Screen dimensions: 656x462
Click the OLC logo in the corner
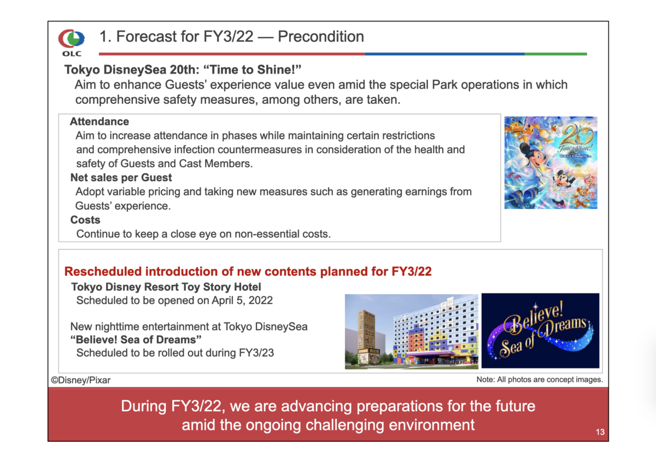72,42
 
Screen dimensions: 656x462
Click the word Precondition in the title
321,37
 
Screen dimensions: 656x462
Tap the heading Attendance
99,121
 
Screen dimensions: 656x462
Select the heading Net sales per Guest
121,178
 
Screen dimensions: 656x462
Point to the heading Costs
85,220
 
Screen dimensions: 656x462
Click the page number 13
600,432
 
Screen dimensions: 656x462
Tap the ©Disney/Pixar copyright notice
81,380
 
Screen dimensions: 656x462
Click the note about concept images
540,379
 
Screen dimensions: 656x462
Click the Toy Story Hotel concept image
412,331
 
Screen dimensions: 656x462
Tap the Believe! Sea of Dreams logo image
540,330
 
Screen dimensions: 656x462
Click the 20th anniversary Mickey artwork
550,162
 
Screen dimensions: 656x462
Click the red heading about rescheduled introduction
248,272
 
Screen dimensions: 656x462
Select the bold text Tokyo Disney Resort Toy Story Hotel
166,287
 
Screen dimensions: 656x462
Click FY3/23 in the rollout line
256,353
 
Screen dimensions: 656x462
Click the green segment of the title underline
555,54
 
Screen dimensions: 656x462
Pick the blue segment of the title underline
444,54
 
